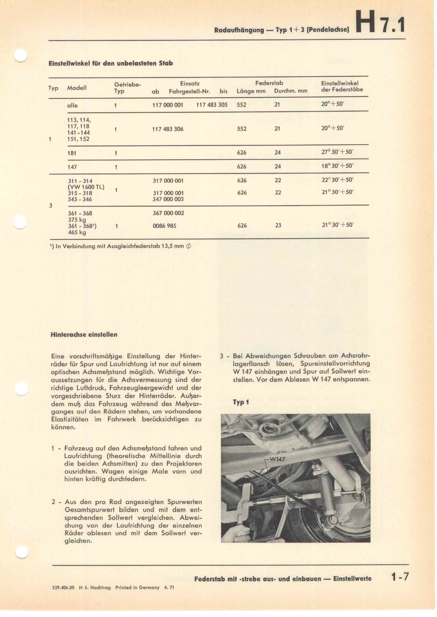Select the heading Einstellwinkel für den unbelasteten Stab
(111, 64)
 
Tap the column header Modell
(77, 88)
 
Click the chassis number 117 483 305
(212, 105)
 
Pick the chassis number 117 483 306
(168, 129)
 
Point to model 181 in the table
(72, 153)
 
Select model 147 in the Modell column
(72, 167)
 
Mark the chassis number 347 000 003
(168, 199)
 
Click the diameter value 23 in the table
(278, 226)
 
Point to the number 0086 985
(164, 226)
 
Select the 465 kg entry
(77, 232)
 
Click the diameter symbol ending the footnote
(188, 246)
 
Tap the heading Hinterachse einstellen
(84, 335)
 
